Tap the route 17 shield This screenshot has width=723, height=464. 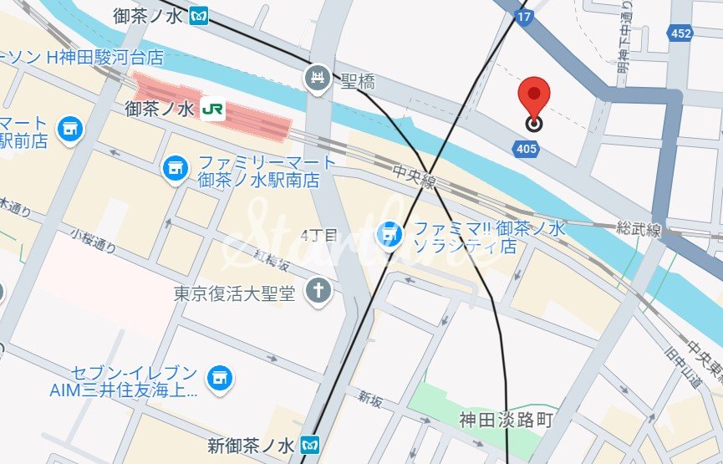point(524,17)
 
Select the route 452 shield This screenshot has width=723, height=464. point(680,33)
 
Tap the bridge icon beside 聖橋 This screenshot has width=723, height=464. point(318,78)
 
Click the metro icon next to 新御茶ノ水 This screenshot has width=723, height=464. point(311,442)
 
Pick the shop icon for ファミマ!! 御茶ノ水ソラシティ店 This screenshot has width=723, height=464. point(390,236)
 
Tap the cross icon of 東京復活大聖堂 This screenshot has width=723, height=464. point(318,292)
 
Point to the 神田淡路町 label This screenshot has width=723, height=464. point(506,420)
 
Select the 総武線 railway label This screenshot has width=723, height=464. point(639,228)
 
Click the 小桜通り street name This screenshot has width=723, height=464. point(94,242)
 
